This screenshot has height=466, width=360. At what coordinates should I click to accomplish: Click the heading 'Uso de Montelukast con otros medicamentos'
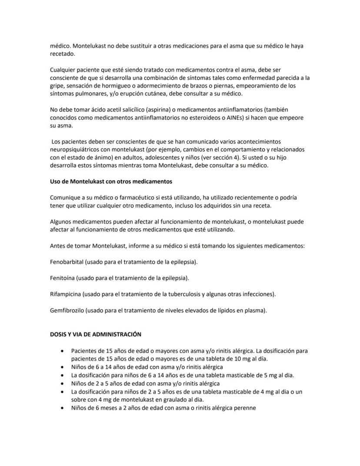coord(111,181)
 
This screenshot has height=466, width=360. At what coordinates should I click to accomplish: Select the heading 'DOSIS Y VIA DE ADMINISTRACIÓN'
coord(96,334)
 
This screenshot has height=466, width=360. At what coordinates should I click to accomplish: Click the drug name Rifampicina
coord(66,294)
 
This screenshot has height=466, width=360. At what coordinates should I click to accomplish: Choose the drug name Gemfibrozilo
coord(67,310)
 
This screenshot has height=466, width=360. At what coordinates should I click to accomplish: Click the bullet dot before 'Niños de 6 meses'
coord(64,408)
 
